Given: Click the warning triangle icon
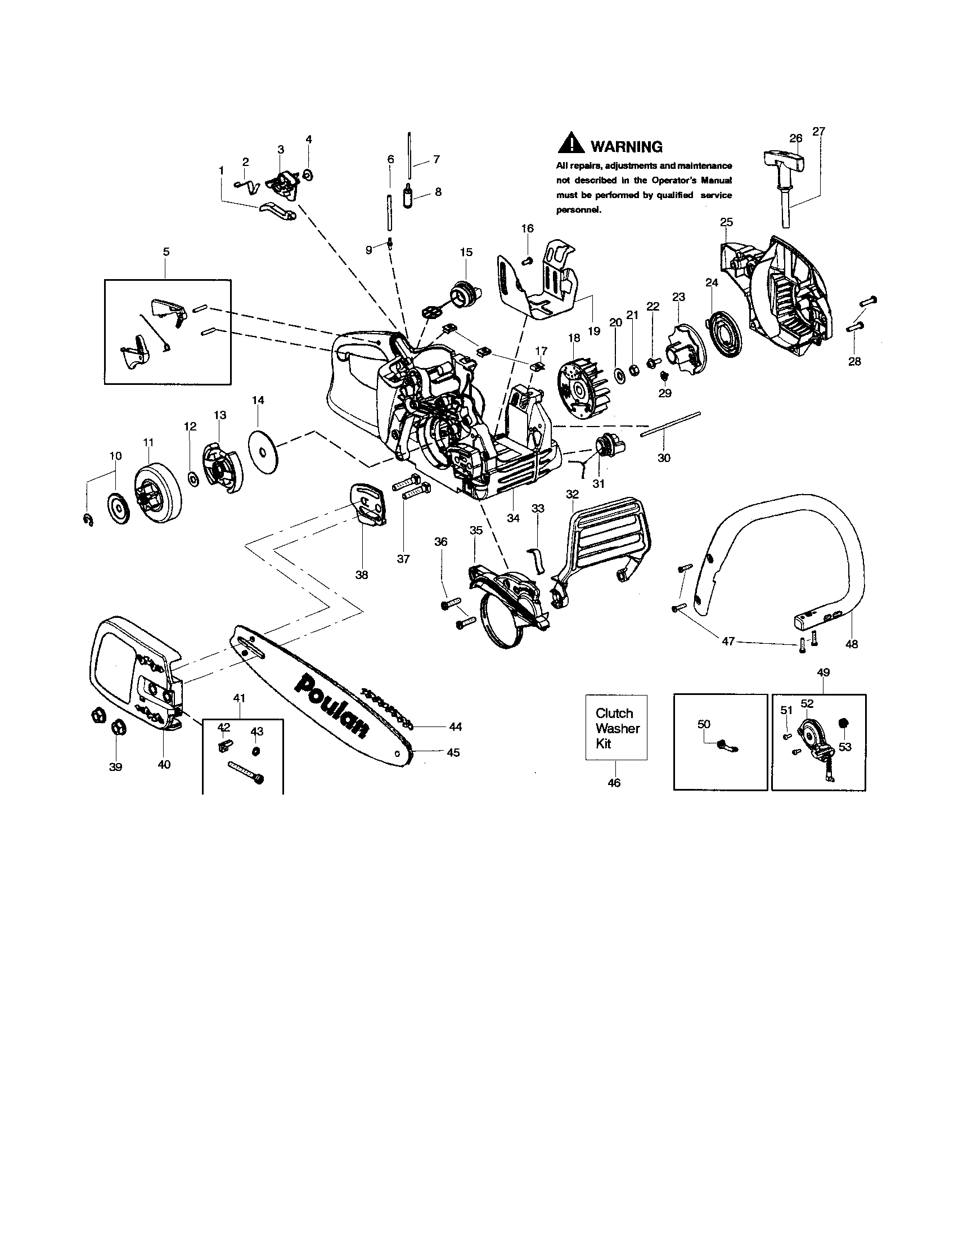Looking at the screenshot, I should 571,143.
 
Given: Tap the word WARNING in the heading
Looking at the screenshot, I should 626,147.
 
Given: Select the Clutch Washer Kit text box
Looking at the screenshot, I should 616,727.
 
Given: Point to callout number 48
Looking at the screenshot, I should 851,643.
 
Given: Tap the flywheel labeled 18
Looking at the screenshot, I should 581,390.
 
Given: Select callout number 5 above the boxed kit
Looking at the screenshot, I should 166,252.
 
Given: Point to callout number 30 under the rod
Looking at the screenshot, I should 663,457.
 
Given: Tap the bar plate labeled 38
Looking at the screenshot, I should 370,502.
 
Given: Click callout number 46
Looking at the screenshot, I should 614,783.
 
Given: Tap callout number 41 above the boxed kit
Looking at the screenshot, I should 240,698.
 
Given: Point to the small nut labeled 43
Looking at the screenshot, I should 256,751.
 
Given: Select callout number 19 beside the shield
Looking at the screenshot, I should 593,331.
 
